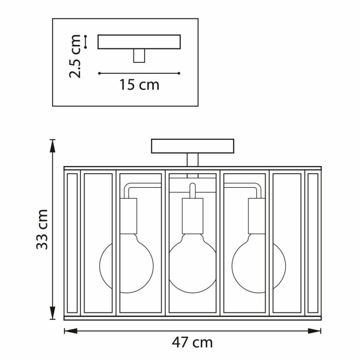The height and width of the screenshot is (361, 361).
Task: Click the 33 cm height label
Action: (x=42, y=229)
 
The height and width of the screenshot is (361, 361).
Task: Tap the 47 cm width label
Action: (x=192, y=342)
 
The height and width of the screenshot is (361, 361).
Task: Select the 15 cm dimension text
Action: (x=139, y=85)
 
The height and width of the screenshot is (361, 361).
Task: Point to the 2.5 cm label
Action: (x=75, y=56)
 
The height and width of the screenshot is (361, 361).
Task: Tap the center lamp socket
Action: (x=192, y=216)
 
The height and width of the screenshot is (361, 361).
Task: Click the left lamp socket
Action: (x=128, y=216)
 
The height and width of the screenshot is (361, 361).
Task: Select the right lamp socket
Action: (x=257, y=216)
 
